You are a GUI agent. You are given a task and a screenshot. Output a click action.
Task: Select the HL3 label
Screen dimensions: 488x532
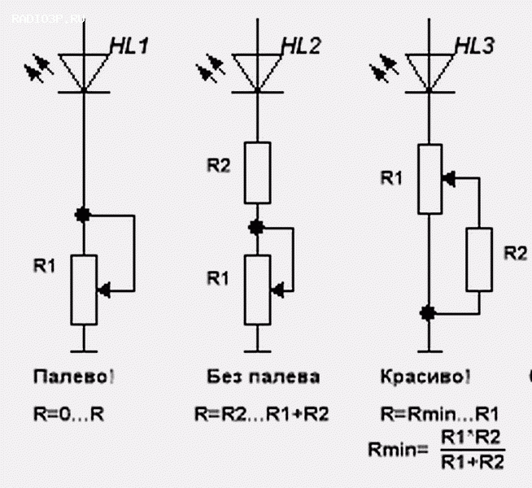[474, 46]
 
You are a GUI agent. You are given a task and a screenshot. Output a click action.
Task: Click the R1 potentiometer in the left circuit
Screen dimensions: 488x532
[83, 290]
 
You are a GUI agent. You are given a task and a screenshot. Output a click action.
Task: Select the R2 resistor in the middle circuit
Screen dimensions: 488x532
[256, 173]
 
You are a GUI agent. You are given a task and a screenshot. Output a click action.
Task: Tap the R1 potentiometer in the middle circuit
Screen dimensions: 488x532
[256, 289]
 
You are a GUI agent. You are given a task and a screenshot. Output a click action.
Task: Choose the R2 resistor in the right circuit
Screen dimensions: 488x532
[479, 259]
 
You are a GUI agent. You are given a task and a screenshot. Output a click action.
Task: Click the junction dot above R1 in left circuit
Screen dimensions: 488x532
[83, 215]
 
